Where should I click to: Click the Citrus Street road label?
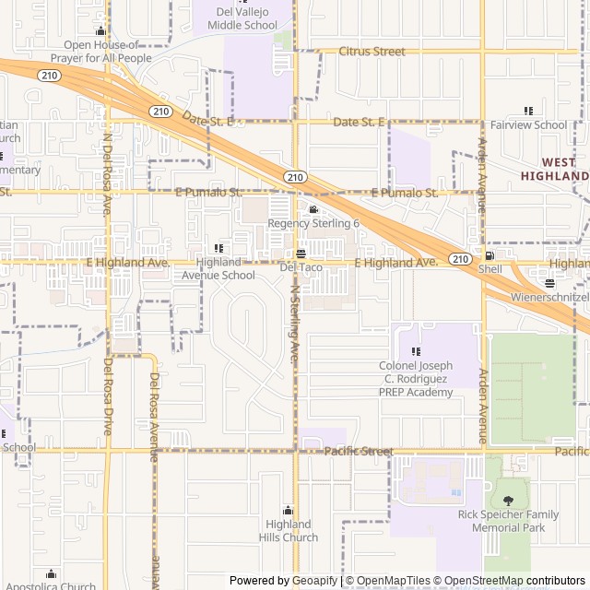click(x=372, y=52)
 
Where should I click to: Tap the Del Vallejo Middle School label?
click(x=246, y=18)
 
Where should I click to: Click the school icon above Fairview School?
click(x=528, y=111)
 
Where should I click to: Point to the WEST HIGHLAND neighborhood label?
click(x=554, y=169)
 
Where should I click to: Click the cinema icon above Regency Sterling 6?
click(x=313, y=210)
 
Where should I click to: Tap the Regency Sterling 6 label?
click(x=313, y=224)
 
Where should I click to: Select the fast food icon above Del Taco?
click(x=301, y=254)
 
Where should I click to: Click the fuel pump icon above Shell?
click(x=490, y=255)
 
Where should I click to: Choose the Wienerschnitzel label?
click(x=550, y=299)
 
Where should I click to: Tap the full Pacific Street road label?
click(x=359, y=452)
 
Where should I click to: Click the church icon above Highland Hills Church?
click(x=288, y=511)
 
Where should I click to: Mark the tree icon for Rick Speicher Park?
click(x=509, y=501)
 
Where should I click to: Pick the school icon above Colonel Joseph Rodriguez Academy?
click(x=416, y=351)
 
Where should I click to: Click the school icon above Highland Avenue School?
click(x=218, y=248)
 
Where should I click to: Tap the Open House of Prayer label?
click(x=101, y=52)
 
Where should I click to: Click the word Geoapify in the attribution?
click(x=316, y=581)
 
